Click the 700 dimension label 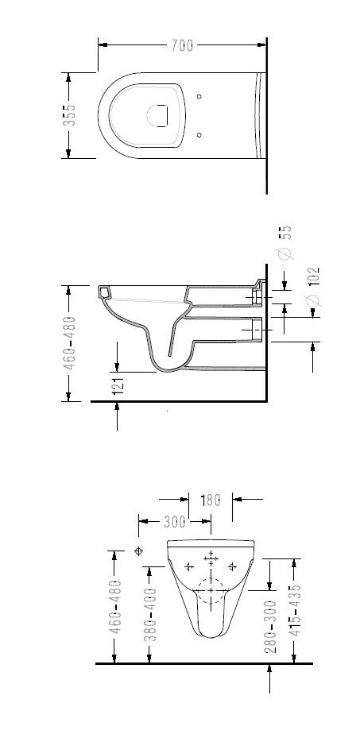pos(182,45)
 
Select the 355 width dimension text pos(69,115)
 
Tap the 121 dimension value pos(118,384)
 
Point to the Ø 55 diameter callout pos(285,242)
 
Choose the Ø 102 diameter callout pos(313,287)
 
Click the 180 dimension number pos(211,500)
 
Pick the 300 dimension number pos(175,521)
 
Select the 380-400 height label pos(149,614)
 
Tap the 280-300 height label pos(270,627)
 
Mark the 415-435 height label pos(294,610)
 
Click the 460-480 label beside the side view pos(69,342)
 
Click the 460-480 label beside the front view pos(115,606)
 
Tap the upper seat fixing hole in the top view pos(199,96)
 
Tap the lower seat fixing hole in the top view pos(199,135)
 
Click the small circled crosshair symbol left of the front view pos(138,551)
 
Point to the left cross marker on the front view pos(189,566)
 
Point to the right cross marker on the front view pos(231,566)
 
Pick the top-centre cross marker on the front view pos(211,558)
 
